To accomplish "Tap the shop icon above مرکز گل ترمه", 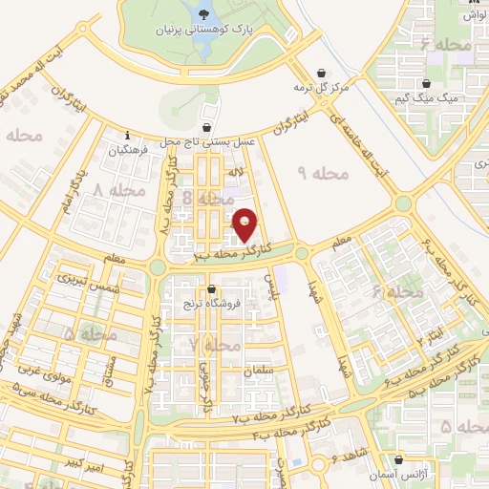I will [x=321, y=72].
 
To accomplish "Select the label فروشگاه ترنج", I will [x=210, y=305].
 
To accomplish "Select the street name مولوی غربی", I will [x=64, y=368].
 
